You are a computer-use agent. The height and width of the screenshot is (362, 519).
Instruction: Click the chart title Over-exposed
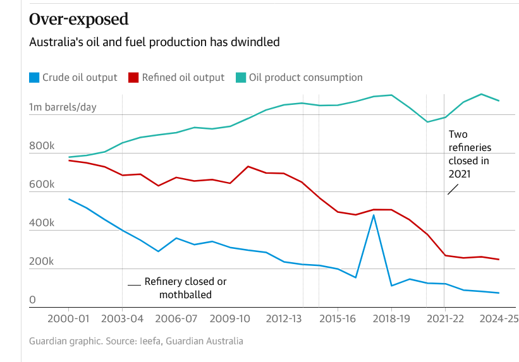point(78,19)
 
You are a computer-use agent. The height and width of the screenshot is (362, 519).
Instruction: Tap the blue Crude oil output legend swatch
point(34,78)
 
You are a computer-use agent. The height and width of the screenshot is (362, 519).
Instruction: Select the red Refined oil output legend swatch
point(133,78)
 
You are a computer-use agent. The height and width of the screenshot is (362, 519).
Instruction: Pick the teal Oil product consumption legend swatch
point(241,78)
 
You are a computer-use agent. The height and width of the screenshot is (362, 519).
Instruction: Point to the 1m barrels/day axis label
point(63,107)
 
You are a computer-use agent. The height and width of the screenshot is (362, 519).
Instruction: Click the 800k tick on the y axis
point(42,146)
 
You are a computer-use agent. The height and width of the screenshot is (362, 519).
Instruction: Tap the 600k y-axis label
point(42,184)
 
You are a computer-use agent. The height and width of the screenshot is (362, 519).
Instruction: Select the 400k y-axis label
point(42,223)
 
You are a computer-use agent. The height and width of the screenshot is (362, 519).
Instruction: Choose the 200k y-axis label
point(42,262)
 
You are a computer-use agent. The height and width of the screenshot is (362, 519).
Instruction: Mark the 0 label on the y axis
point(33,300)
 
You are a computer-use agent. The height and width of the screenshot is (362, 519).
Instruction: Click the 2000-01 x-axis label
point(68,319)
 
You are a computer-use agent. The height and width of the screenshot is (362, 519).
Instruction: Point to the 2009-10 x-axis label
point(229,319)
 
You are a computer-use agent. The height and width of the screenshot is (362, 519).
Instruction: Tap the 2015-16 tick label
point(337,319)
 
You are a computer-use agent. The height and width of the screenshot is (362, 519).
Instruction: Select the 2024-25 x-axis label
point(499,319)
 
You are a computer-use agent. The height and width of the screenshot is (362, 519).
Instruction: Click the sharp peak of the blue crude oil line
point(374,215)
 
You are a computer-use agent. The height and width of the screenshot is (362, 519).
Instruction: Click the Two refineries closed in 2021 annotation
point(468,154)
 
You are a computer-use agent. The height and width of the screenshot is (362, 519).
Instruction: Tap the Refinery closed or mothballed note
point(185,288)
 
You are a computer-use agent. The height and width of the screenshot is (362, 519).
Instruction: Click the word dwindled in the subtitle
point(258,42)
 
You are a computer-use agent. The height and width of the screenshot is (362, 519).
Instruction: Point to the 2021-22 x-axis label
point(445,319)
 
